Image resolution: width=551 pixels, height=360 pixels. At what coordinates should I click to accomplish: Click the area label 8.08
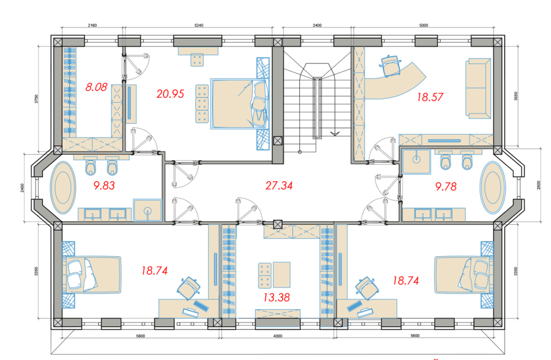[96, 87]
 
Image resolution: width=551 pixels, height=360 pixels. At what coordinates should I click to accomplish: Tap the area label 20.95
[171, 93]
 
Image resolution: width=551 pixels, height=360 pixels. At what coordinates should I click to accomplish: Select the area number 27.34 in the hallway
[279, 186]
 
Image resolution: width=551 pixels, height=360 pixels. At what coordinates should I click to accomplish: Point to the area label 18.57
[430, 97]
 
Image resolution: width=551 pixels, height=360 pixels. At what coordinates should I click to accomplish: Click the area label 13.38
[277, 298]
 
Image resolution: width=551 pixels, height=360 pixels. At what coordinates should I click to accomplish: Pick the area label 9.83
[104, 186]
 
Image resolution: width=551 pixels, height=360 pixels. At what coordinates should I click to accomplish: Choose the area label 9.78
[446, 186]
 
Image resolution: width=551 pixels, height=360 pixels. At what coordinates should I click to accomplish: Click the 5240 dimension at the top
[199, 25]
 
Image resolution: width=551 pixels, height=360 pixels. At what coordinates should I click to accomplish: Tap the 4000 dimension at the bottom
[278, 336]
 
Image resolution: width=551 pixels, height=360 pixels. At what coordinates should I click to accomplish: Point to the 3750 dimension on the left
[36, 99]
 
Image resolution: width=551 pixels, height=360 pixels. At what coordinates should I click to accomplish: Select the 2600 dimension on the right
[539, 186]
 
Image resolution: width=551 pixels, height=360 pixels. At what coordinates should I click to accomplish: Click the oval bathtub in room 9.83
[63, 187]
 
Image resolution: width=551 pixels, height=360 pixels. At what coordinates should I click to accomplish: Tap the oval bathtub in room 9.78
[493, 187]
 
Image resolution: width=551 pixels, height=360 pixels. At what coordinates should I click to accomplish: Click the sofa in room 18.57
[478, 88]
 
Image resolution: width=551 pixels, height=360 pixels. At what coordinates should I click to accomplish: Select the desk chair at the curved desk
[390, 66]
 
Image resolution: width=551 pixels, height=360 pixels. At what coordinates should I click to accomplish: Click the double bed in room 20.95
[240, 104]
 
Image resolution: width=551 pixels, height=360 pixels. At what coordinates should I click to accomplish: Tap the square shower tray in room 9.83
[147, 210]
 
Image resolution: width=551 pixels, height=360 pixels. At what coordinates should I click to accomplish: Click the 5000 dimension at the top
[423, 25]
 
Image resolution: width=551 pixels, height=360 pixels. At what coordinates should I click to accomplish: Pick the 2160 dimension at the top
[92, 25]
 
